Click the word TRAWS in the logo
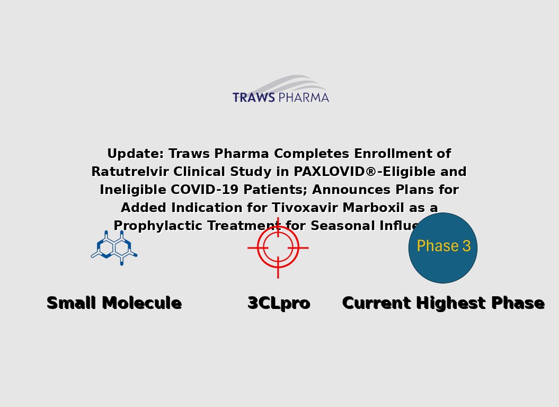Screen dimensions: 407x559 pos(253,98)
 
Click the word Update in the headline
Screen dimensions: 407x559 pos(135,154)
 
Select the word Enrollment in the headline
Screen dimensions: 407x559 pos(395,154)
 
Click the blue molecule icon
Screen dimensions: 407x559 pos(114,247)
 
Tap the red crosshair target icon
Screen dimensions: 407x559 pos(278,247)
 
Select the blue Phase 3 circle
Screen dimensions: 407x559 pos(443,247)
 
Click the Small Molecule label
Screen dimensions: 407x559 pos(114,303)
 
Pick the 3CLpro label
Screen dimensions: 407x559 pos(279,303)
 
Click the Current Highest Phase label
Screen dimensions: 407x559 pos(443,303)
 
